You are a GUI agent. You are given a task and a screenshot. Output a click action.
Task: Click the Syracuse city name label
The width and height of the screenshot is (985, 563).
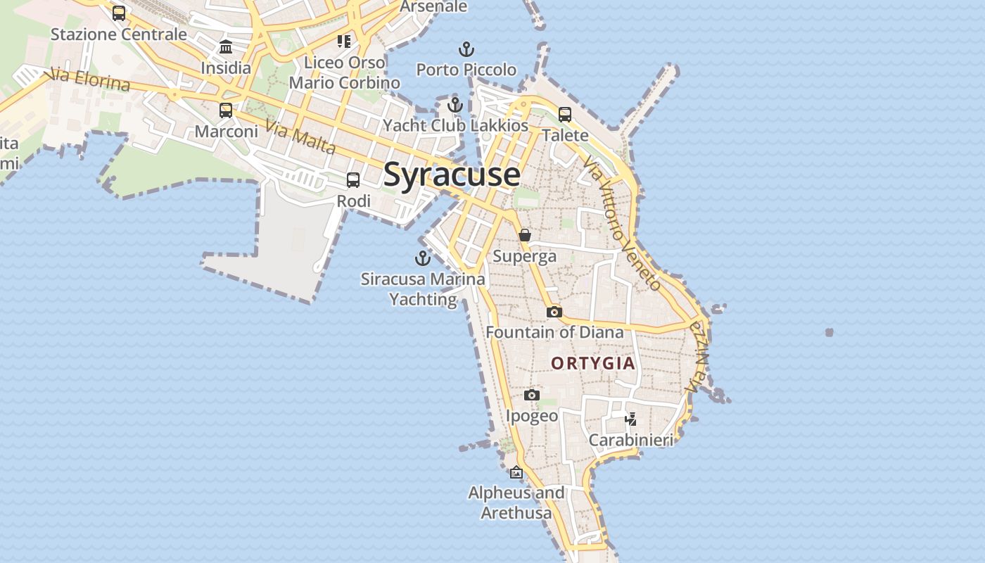pyautogui.click(x=452, y=175)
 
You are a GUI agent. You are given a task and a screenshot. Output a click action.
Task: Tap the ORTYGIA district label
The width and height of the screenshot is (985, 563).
pyautogui.click(x=593, y=363)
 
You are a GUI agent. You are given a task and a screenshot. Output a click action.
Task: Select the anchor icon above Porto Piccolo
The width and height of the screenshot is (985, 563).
pyautogui.click(x=466, y=49)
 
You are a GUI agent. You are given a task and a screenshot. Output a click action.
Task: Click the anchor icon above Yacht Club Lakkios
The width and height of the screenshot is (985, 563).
pyautogui.click(x=455, y=106)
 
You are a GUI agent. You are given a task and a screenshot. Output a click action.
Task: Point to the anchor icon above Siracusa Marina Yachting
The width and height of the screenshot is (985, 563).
pyautogui.click(x=422, y=258)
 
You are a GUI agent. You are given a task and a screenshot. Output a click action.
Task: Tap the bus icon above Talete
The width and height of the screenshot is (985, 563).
pyautogui.click(x=565, y=114)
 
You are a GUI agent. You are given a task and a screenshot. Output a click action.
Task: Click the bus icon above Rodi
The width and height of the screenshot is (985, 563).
pyautogui.click(x=353, y=180)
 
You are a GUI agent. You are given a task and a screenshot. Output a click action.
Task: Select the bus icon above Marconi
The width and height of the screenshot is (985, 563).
pyautogui.click(x=226, y=110)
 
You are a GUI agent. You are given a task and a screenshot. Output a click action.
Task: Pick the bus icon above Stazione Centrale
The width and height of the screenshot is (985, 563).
pyautogui.click(x=119, y=13)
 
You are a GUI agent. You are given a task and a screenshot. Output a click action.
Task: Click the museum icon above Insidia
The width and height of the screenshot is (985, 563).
pyautogui.click(x=226, y=47)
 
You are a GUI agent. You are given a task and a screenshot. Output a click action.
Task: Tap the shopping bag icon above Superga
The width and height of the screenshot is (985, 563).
pyautogui.click(x=525, y=235)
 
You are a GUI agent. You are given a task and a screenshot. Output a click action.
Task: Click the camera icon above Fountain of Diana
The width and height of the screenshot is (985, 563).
pyautogui.click(x=554, y=312)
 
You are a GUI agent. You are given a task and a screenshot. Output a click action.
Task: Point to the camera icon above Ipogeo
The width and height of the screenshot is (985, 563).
pyautogui.click(x=532, y=395)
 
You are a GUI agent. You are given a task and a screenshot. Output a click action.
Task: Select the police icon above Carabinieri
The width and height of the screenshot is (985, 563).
pyautogui.click(x=631, y=419)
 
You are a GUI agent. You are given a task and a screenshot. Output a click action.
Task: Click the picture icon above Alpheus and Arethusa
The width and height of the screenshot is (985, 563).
pyautogui.click(x=516, y=472)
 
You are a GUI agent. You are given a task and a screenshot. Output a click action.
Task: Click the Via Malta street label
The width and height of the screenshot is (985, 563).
pyautogui.click(x=301, y=138)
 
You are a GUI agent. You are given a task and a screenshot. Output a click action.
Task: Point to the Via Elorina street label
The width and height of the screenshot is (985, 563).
pyautogui.click(x=89, y=80)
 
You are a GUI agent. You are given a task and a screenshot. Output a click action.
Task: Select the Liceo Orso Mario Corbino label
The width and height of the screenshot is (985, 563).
pyautogui.click(x=345, y=72)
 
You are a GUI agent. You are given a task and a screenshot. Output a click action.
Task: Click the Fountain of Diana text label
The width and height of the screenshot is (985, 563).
pyautogui.click(x=554, y=332)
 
